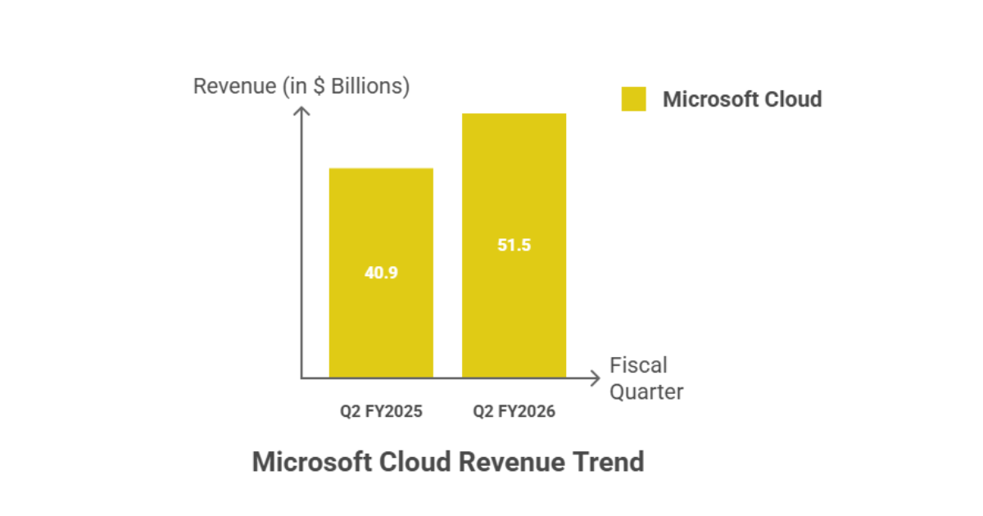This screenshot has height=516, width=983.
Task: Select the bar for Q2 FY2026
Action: [x=514, y=311]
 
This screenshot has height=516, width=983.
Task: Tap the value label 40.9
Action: [x=381, y=273]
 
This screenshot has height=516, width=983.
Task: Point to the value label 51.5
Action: [x=514, y=245]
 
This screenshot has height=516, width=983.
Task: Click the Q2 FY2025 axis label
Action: [x=381, y=411]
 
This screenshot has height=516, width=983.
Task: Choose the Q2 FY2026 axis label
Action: [x=514, y=411]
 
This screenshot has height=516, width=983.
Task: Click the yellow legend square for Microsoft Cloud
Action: [x=633, y=99]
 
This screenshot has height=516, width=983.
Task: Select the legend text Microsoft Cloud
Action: [x=741, y=99]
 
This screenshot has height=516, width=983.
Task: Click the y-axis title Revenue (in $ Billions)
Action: [x=301, y=86]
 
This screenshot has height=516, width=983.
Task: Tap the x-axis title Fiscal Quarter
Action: [x=646, y=378]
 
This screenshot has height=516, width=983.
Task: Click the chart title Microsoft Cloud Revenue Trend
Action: [x=447, y=462]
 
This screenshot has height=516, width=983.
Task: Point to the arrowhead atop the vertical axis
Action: [x=301, y=112]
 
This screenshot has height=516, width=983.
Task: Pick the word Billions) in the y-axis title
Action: [x=370, y=86]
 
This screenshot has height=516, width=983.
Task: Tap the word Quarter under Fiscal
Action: [x=646, y=392]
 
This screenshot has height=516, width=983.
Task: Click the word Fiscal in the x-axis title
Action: [x=637, y=364]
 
